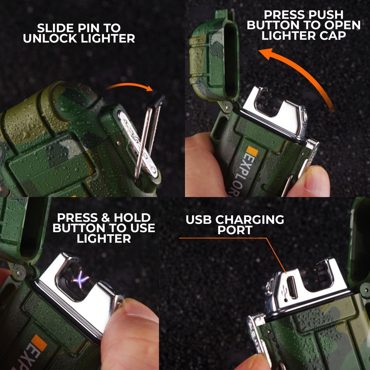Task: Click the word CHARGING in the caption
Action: [250, 220]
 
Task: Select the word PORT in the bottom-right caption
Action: [235, 230]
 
